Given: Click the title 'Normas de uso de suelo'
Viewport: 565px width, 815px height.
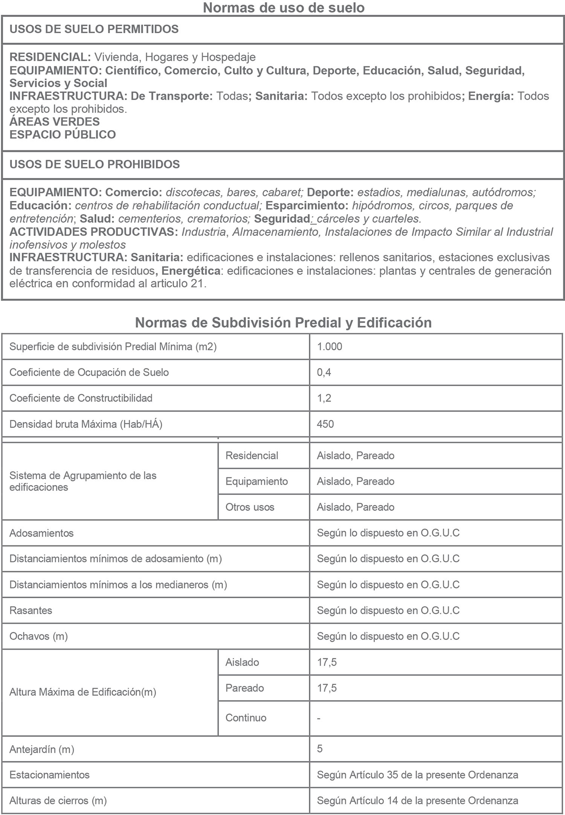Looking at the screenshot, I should tap(283, 8).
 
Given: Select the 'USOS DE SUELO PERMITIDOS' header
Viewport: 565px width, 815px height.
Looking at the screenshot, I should tap(94, 29).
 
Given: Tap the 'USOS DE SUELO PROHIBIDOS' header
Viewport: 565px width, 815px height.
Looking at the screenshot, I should tap(95, 164).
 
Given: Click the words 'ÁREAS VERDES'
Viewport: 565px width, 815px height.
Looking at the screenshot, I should tap(54, 122).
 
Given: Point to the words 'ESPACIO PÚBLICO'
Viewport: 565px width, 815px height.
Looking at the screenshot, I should tap(63, 134).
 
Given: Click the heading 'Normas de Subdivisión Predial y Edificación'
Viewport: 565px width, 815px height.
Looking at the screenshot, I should tap(283, 322).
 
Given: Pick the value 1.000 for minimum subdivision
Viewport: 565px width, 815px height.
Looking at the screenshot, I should tap(330, 347).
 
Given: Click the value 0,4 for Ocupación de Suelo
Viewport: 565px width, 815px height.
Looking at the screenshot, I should tap(324, 372).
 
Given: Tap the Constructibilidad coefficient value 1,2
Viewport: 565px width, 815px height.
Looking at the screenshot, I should tap(324, 398).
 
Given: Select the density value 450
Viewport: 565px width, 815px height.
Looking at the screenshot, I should tap(325, 424).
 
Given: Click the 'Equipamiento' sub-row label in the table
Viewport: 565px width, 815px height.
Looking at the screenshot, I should tap(257, 481).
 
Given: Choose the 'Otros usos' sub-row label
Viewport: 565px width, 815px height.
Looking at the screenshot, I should tap(250, 507).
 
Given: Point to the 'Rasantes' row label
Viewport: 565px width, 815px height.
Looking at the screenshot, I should tap(31, 610).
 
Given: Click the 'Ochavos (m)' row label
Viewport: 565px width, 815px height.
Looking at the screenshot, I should tap(38, 636).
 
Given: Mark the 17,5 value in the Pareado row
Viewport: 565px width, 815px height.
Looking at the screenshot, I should tap(327, 688).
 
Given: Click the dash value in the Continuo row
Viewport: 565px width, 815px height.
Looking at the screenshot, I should tap(319, 718).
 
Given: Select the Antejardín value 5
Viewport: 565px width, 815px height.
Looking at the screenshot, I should tap(320, 748).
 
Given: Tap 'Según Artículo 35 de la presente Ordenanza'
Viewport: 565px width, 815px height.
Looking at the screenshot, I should tap(417, 775).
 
